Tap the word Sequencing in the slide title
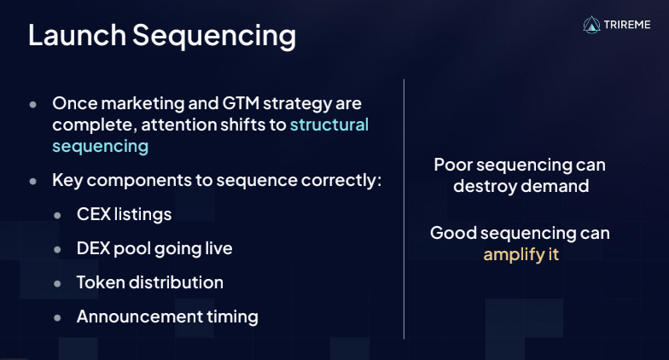coord(214,37)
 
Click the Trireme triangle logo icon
coord(591,25)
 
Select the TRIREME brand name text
coord(627,25)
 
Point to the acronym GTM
coord(241,103)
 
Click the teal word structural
coord(329,125)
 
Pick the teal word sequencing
coord(101,147)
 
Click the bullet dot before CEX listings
coord(58,215)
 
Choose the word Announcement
coord(140,316)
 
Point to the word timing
coord(232,317)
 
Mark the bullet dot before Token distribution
coord(58,283)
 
